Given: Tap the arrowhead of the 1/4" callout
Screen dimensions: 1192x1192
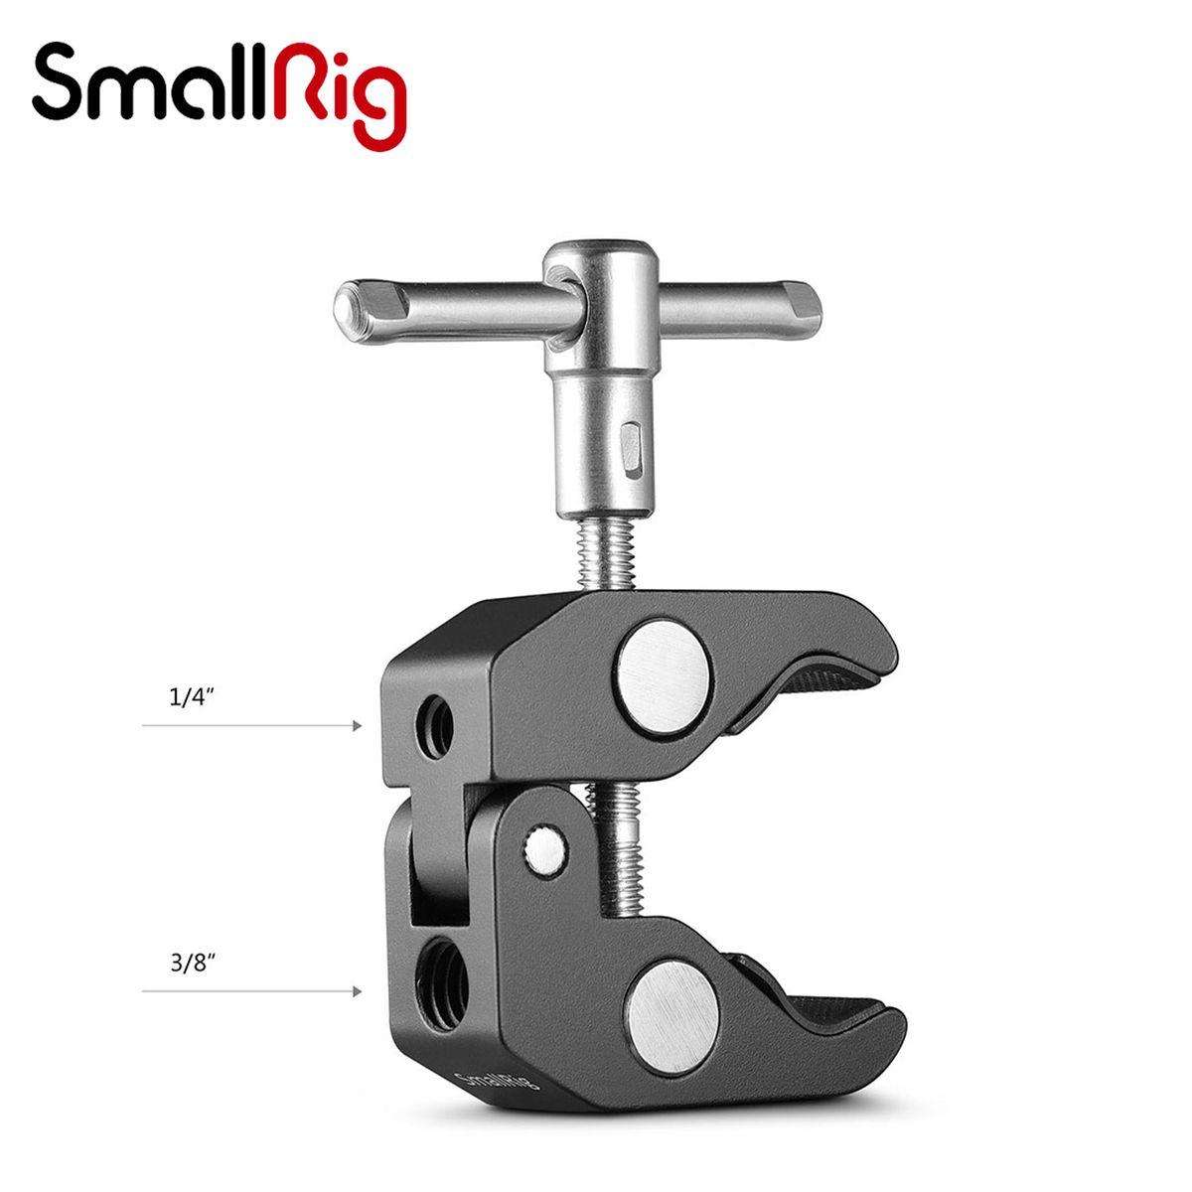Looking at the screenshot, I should (356, 726).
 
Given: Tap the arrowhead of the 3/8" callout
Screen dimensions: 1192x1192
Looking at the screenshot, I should (356, 990).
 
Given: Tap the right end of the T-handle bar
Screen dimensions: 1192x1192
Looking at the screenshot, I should (808, 298).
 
